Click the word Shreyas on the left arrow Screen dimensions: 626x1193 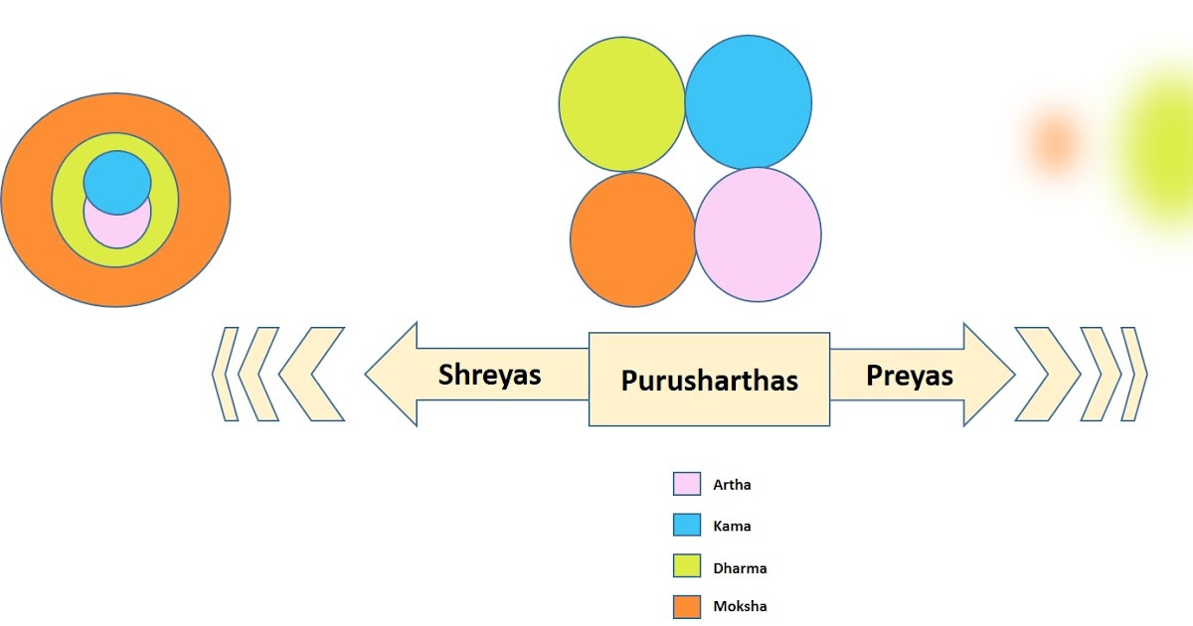coord(490,375)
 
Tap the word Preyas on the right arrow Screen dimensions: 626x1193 coord(910,376)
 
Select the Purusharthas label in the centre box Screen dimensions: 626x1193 coord(710,380)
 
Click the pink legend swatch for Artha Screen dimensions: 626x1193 coord(687,485)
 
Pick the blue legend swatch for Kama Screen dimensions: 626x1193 coord(687,526)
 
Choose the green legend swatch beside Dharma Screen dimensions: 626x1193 coord(687,566)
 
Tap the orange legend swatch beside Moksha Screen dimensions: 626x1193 coord(687,605)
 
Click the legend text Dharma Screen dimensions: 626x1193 coord(740,568)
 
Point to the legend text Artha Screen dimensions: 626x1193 coord(732,486)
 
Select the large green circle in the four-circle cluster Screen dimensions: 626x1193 coord(621,103)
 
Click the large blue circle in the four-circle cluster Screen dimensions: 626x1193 coord(749,103)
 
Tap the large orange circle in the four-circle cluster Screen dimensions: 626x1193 coord(632,238)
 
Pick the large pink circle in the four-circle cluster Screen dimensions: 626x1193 coord(759,235)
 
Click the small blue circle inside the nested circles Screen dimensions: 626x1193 coord(117,182)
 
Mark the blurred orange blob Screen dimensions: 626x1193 coord(1053,142)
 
